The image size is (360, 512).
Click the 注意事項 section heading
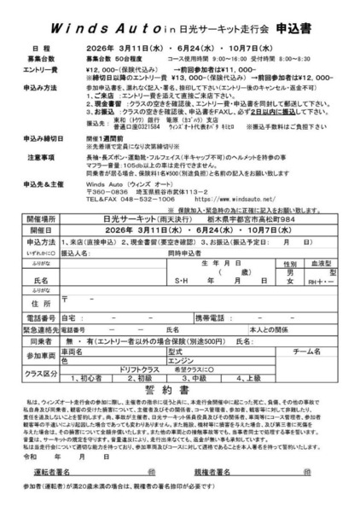[43, 158]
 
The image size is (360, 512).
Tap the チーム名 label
[305, 350]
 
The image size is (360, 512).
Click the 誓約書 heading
[179, 389]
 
